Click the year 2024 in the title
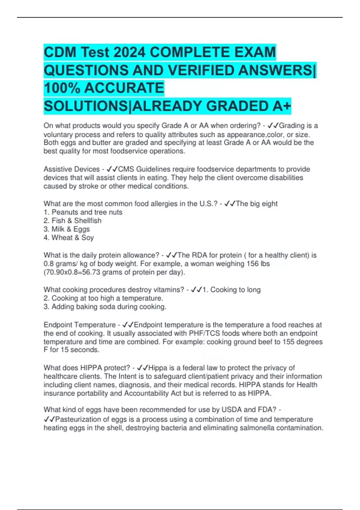pyautogui.click(x=130, y=52)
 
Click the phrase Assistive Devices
pyautogui.click(x=72, y=169)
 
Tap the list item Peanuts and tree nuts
pyautogui.click(x=87, y=212)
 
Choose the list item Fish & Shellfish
pyautogui.click(x=76, y=220)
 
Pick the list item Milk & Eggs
pyautogui.click(x=70, y=229)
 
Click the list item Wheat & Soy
pyautogui.click(x=73, y=238)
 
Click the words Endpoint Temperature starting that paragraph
pyautogui.click(x=80, y=325)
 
